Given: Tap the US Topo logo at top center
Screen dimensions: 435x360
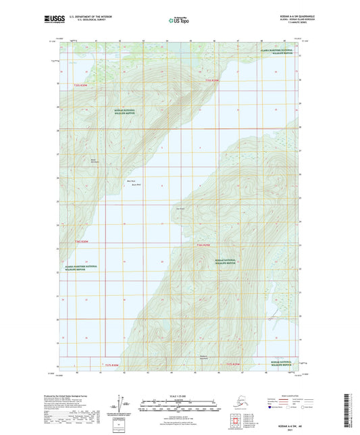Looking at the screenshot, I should pyautogui.click(x=178, y=22).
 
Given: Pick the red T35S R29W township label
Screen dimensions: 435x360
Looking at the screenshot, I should pyautogui.click(x=212, y=80).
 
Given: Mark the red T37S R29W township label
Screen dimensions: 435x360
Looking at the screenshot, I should pyautogui.click(x=232, y=365).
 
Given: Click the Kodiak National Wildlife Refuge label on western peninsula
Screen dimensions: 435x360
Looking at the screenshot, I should pyautogui.click(x=124, y=112).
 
